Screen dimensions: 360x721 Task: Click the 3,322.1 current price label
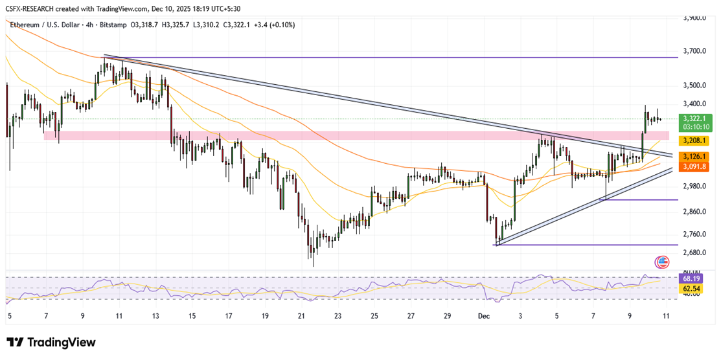point(692,118)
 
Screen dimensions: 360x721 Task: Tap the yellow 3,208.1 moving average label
point(692,140)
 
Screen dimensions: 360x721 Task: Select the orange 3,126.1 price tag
point(692,157)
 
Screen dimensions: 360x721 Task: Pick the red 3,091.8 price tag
point(692,166)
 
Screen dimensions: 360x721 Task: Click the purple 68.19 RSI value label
point(688,278)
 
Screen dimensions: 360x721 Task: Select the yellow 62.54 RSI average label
point(688,288)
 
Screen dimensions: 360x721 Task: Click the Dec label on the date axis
point(483,317)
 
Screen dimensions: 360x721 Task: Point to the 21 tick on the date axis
point(302,317)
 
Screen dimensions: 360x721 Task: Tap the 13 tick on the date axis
point(155,317)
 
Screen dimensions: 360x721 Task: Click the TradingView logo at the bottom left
point(51,343)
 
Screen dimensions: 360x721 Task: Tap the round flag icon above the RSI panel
point(662,262)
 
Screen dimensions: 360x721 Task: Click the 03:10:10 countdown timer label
point(692,128)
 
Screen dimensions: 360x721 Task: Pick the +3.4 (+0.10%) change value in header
point(277,25)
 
